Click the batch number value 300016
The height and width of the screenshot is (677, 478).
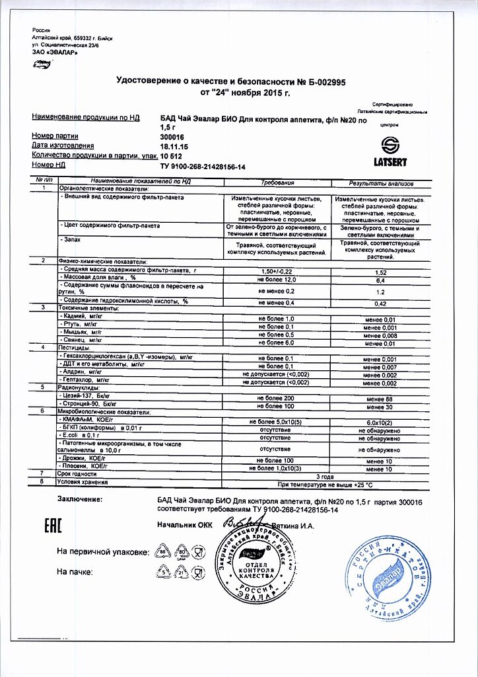click(173, 135)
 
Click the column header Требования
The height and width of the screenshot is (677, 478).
click(277, 182)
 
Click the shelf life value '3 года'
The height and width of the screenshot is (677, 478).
click(325, 475)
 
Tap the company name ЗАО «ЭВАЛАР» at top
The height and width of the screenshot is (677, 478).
click(49, 52)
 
